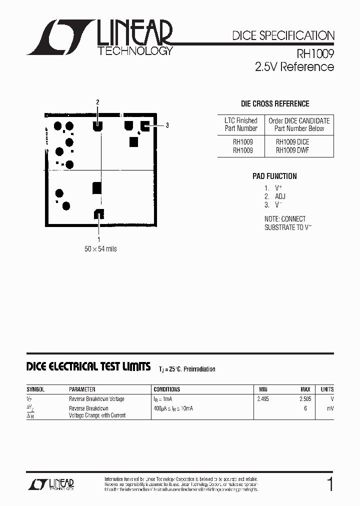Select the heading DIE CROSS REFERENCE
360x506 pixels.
pyautogui.click(x=275, y=104)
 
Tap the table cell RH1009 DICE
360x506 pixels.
pyautogui.click(x=292, y=141)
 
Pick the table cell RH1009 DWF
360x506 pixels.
pyautogui.click(x=292, y=150)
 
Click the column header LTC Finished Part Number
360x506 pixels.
pyautogui.click(x=240, y=124)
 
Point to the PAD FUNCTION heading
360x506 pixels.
pyautogui.click(x=274, y=176)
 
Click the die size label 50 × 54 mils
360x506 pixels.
pyautogui.click(x=100, y=248)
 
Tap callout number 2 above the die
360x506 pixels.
pyautogui.click(x=98, y=102)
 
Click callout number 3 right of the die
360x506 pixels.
pyautogui.click(x=167, y=125)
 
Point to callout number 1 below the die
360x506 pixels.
pyautogui.click(x=99, y=239)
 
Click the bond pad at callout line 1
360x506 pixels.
pyautogui.click(x=98, y=214)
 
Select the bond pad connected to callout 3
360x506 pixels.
pyautogui.click(x=145, y=125)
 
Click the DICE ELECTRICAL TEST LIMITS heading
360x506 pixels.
pyautogui.click(x=88, y=367)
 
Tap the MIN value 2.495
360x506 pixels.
pyautogui.click(x=262, y=399)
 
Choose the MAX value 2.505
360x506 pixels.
pyautogui.click(x=305, y=399)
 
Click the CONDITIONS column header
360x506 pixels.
pyautogui.click(x=167, y=389)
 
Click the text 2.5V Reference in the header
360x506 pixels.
pyautogui.click(x=294, y=67)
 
